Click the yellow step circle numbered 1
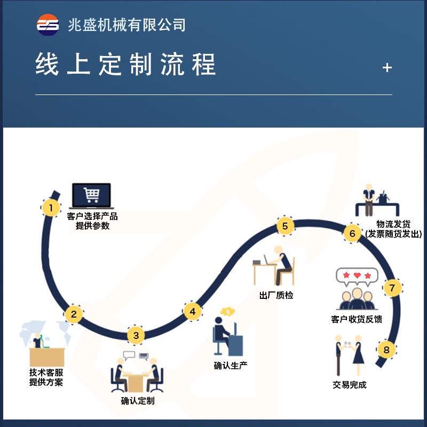tap(51, 208)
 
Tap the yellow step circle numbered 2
tap(74, 314)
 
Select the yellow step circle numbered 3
tap(136, 335)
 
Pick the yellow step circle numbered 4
tap(193, 311)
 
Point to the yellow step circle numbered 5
tap(285, 226)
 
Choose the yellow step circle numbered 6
tap(352, 233)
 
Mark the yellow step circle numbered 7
tap(392, 288)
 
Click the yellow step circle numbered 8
tap(386, 350)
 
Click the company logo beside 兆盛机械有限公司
tap(48, 25)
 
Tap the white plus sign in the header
tap(388, 68)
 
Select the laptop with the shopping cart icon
tap(91, 196)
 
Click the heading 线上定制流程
tap(126, 65)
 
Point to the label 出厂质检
tap(276, 295)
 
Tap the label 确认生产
tap(231, 366)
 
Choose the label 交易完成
tap(350, 384)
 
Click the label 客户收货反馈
tap(357, 319)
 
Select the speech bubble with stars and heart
tap(357, 276)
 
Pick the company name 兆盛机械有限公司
tap(126, 25)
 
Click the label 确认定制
tap(138, 400)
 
